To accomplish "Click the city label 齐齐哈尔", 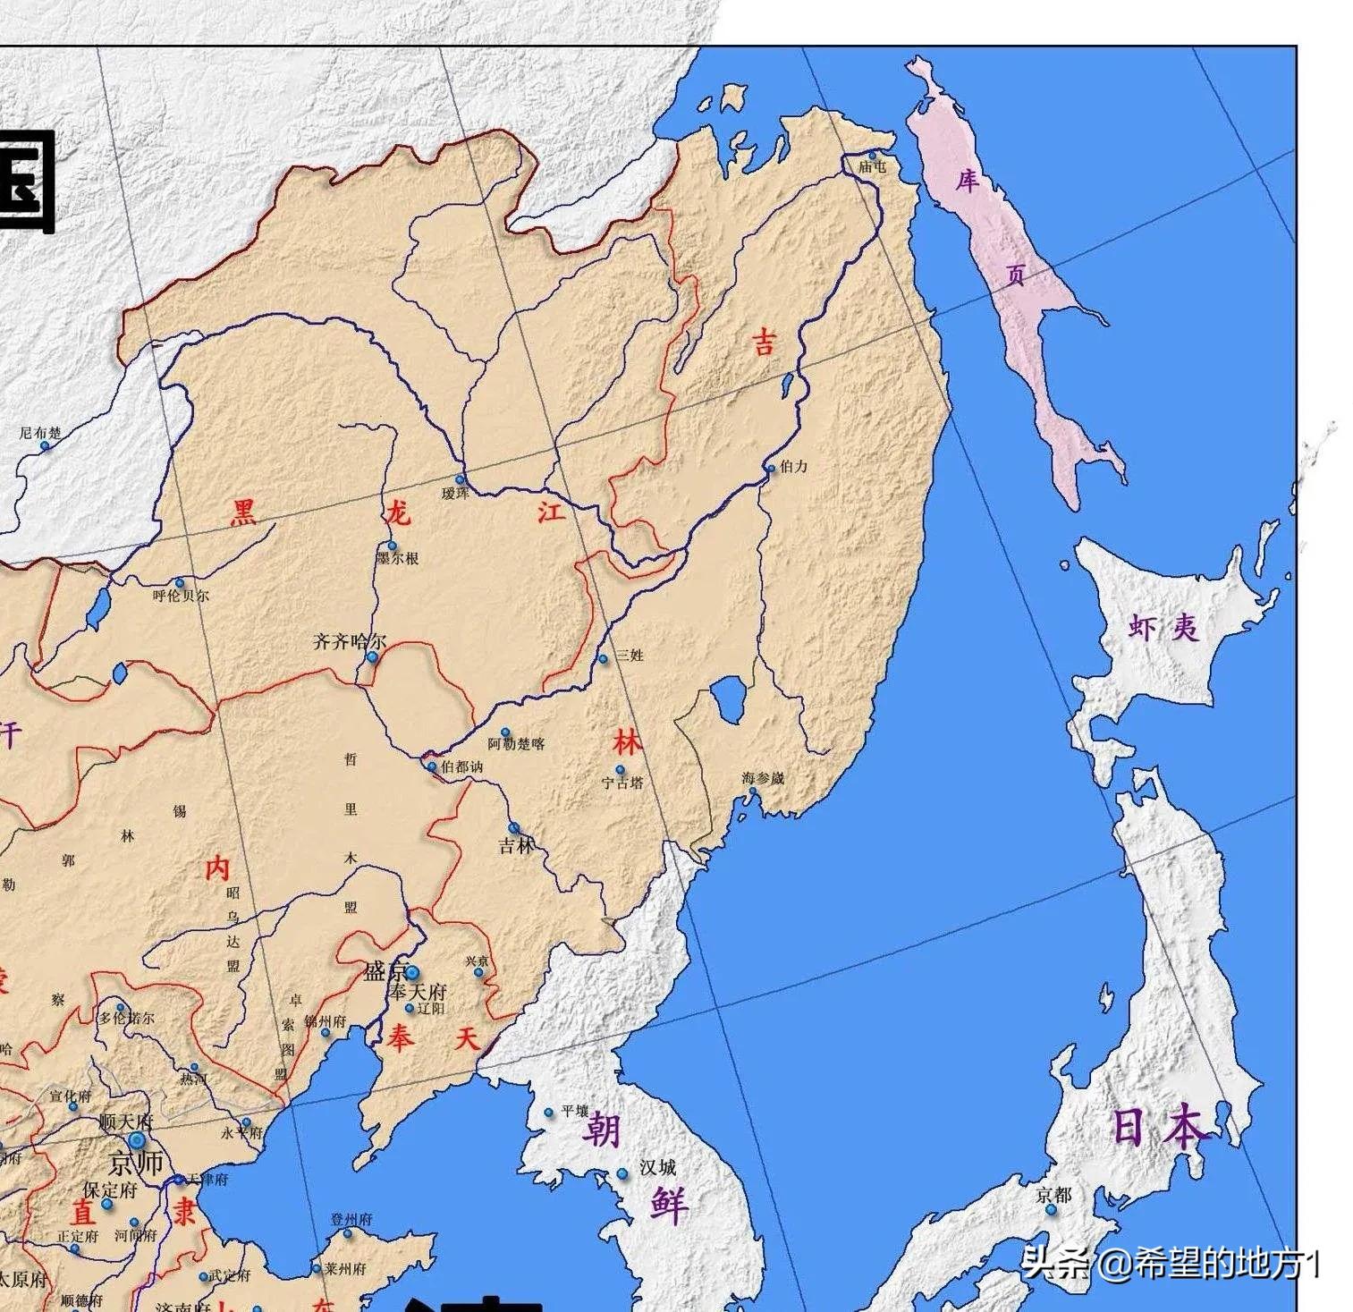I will click(350, 641).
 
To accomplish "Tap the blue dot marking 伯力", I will click(772, 468).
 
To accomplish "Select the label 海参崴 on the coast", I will click(762, 778).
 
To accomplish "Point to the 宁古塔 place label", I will click(622, 783).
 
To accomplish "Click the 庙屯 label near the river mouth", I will click(872, 167).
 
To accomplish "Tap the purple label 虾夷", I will click(1163, 628).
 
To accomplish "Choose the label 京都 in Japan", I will click(1053, 1195).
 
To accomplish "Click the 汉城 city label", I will click(657, 1167).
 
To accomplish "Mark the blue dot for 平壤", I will click(549, 1113).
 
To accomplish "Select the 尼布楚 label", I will click(41, 433).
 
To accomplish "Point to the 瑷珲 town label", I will click(455, 494).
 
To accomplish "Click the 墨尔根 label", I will click(397, 559).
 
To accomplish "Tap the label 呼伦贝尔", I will click(181, 596).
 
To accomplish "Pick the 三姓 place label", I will click(630, 656).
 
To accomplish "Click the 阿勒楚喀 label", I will click(516, 744).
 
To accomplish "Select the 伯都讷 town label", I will click(461, 766).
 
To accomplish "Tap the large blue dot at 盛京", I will click(412, 972).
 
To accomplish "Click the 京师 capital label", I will click(136, 1164).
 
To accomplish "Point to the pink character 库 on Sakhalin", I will click(967, 182).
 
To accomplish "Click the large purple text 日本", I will click(1160, 1127).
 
